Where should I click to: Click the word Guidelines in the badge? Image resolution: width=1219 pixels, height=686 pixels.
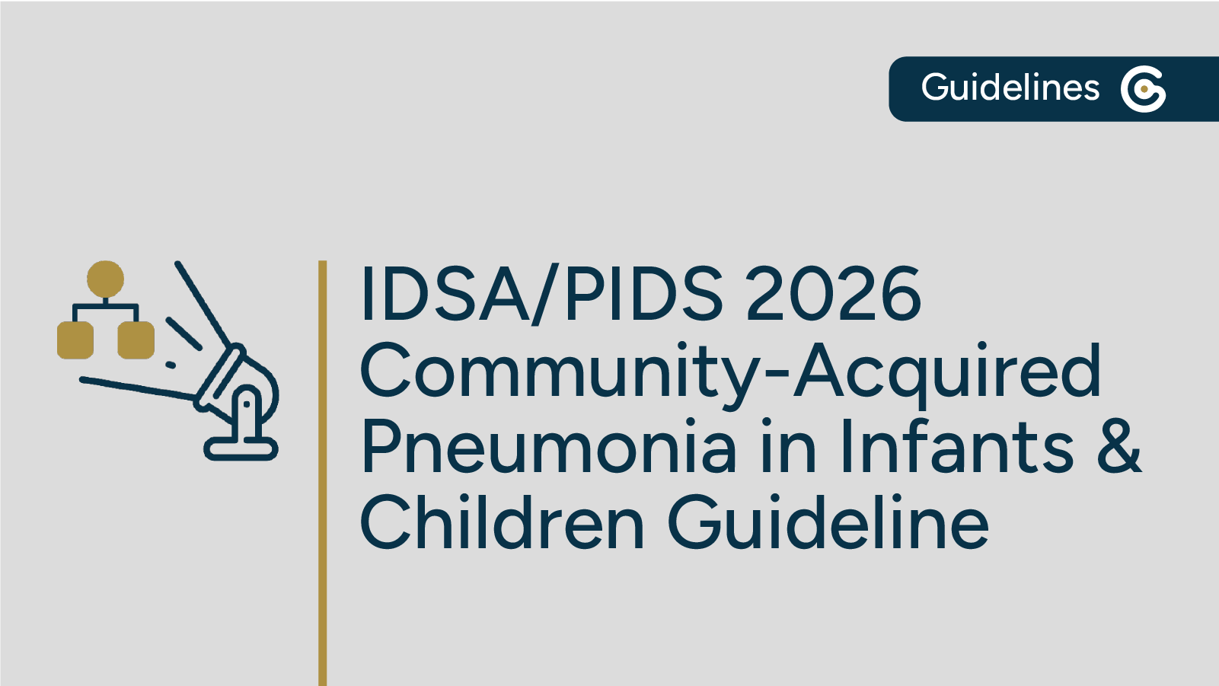tap(1010, 88)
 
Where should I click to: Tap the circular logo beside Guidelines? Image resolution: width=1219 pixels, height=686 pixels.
tap(1143, 89)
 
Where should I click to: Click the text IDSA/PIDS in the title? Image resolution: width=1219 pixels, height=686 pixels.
tap(541, 294)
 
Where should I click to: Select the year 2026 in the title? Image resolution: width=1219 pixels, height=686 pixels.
tap(833, 294)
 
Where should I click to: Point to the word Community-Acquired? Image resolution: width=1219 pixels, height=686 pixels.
tap(729, 371)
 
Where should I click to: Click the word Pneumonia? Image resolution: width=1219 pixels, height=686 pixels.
tap(548, 447)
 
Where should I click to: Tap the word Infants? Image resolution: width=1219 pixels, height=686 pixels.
tap(956, 447)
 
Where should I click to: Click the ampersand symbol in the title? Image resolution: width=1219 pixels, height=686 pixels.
tap(1118, 447)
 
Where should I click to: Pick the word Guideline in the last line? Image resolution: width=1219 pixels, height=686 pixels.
tap(828, 523)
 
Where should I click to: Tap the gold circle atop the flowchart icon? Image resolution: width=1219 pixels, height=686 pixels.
tap(105, 279)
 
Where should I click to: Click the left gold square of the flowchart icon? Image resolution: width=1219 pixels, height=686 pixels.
tap(75, 340)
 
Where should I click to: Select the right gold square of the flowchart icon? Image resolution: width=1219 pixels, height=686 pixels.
tap(136, 340)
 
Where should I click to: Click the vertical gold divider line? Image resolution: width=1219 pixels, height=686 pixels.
tap(323, 472)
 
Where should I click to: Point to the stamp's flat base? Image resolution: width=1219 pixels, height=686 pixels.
tap(241, 449)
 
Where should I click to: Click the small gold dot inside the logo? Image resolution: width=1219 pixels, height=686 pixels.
tap(1144, 89)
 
